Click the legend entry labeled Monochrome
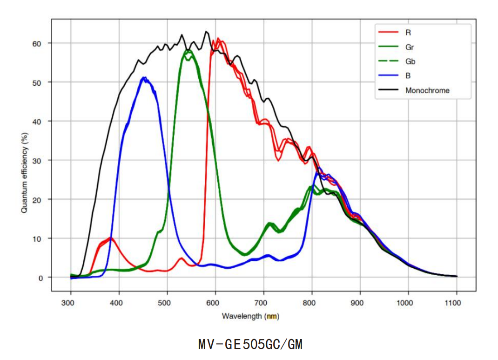point(427,90)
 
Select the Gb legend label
point(410,61)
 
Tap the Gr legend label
point(410,47)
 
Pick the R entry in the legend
point(408,32)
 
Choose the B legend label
point(408,75)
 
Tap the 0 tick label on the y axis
point(40,278)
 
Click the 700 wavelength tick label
point(263,303)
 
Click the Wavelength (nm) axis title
point(250,316)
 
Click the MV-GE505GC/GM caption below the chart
point(250,345)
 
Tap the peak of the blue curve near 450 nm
point(145,78)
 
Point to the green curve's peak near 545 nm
point(188,50)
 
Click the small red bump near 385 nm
point(111,238)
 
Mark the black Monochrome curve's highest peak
point(206,32)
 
